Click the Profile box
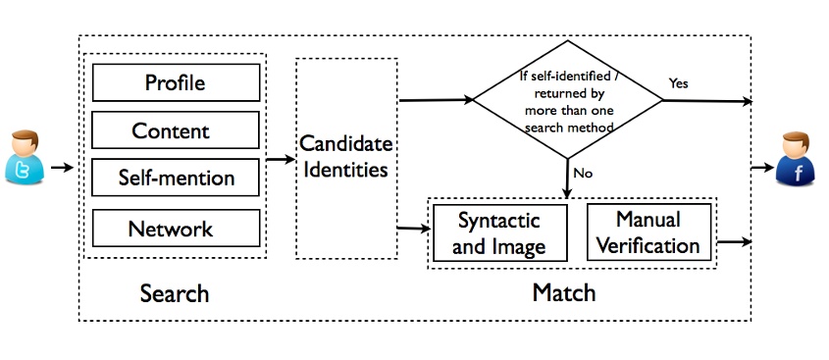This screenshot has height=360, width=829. click(177, 82)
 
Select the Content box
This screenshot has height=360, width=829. click(177, 129)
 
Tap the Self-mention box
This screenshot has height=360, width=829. click(177, 178)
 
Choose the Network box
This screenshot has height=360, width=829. click(177, 229)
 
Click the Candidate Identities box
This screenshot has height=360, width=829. click(345, 157)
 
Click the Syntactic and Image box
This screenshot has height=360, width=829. click(499, 233)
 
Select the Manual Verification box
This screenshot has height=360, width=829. click(648, 232)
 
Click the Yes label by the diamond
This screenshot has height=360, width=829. click(679, 83)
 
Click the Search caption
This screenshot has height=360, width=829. click(175, 293)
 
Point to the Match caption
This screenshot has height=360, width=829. click(563, 293)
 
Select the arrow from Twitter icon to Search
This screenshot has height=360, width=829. click(62, 167)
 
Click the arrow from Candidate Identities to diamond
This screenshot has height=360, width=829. click(436, 100)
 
